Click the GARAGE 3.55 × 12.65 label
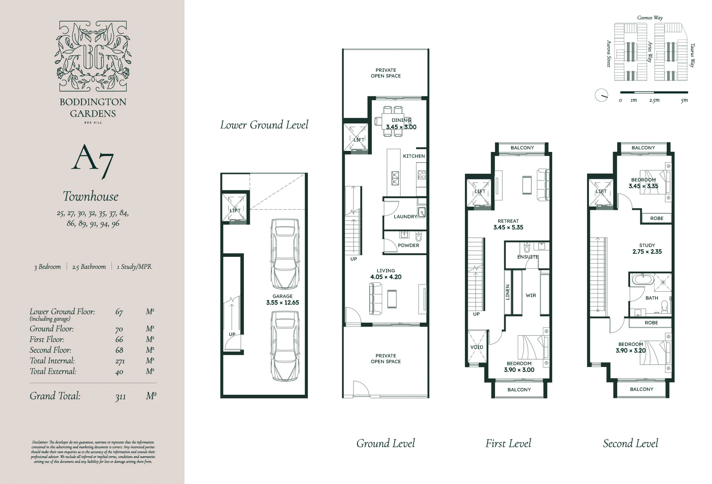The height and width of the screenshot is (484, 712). pyautogui.click(x=282, y=299)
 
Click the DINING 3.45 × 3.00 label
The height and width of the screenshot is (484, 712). pyautogui.click(x=401, y=124)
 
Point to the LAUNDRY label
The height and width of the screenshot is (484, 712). pyautogui.click(x=405, y=216)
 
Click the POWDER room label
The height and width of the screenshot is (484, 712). pyautogui.click(x=408, y=245)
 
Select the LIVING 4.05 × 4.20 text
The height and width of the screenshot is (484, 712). pyautogui.click(x=385, y=274)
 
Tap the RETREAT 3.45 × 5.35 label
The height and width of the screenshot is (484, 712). pyautogui.click(x=508, y=224)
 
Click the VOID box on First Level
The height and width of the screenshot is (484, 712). pyautogui.click(x=477, y=347)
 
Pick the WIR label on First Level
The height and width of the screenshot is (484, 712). pyautogui.click(x=531, y=295)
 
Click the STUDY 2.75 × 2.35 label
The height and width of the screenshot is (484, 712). pyautogui.click(x=647, y=248)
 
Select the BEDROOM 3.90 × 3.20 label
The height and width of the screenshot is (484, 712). pyautogui.click(x=631, y=347)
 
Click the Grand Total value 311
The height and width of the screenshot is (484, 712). pyautogui.click(x=120, y=397)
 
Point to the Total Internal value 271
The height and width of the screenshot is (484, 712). pyautogui.click(x=119, y=361)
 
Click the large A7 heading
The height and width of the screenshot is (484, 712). pyautogui.click(x=92, y=159)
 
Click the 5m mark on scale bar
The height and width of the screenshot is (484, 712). pyautogui.click(x=684, y=100)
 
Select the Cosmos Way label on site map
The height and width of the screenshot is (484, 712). pyautogui.click(x=650, y=18)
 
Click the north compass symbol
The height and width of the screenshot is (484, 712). pyautogui.click(x=601, y=95)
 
